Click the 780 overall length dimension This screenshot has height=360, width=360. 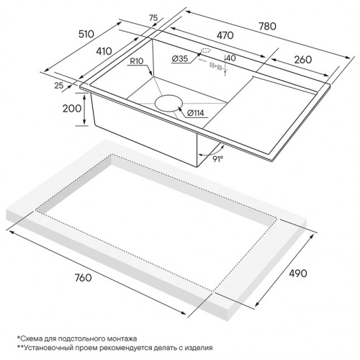(267, 26)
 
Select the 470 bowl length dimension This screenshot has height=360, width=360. (225, 35)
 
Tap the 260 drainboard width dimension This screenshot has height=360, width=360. (303, 60)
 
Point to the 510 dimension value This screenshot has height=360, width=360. (86, 34)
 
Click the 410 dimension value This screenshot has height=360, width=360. (104, 51)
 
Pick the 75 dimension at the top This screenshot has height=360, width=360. (153, 18)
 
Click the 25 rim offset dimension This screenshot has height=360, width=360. (59, 85)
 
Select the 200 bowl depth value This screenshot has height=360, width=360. (72, 109)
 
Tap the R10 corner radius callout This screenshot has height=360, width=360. (137, 61)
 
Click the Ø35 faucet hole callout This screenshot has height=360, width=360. (180, 58)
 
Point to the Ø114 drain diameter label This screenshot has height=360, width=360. (195, 113)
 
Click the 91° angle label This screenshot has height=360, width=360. (218, 159)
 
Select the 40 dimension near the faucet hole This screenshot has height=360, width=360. (231, 58)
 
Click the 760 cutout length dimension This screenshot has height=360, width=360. (84, 278)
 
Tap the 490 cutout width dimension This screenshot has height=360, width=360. (298, 273)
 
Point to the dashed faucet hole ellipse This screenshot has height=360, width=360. (206, 51)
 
